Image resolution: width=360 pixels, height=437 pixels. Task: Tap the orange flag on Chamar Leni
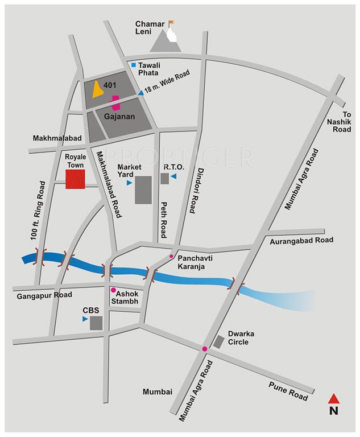tap(171, 23)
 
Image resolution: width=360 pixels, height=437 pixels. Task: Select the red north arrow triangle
tap(334, 398)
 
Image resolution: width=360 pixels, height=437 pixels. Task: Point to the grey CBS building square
tap(97, 323)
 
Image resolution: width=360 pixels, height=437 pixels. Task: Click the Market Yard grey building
tap(143, 189)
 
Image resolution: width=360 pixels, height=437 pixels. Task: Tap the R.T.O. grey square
tap(164, 179)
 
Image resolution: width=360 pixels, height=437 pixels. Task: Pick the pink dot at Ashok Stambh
tap(113, 289)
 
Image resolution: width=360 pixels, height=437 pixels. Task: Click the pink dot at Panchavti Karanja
tap(171, 257)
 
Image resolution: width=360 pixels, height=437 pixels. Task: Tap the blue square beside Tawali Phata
tap(134, 65)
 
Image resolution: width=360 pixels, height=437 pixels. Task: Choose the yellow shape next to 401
tap(98, 89)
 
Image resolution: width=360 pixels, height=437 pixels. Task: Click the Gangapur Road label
tap(44, 295)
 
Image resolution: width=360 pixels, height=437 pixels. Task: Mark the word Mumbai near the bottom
tap(158, 392)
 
